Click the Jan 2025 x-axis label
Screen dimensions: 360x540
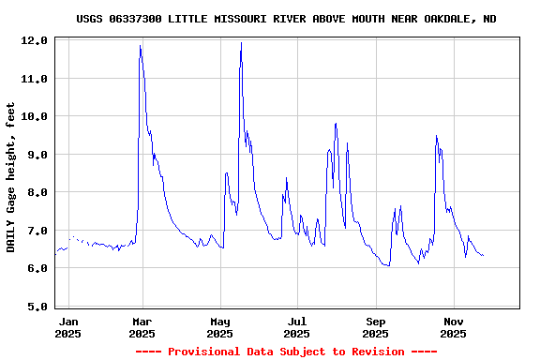click(x=68, y=327)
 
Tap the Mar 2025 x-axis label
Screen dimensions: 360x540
click(x=142, y=327)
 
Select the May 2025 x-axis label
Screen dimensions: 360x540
click(x=219, y=327)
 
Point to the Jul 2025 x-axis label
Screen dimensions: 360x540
click(x=296, y=327)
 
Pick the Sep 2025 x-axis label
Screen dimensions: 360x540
click(x=375, y=327)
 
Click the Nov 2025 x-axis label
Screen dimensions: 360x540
click(x=453, y=327)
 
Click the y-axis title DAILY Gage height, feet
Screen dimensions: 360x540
click(x=11, y=176)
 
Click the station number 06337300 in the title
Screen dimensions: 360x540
click(x=138, y=19)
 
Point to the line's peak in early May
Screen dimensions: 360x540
click(x=241, y=43)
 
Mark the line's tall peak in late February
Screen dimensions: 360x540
click(x=141, y=46)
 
